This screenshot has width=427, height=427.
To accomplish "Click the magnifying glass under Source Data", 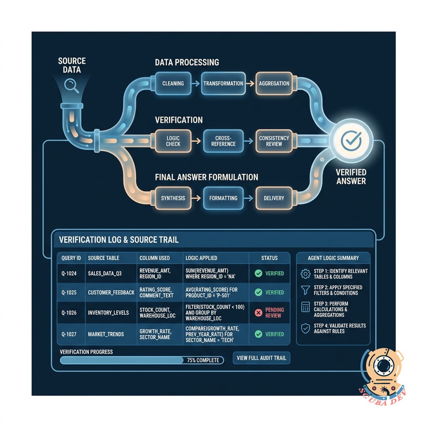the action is [x=72, y=86].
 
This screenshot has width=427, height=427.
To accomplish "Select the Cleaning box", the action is [x=173, y=84].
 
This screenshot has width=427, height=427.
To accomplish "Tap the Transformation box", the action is [x=223, y=84].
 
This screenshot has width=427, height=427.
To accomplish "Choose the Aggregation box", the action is [x=274, y=84].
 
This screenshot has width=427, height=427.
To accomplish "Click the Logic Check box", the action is [x=173, y=141].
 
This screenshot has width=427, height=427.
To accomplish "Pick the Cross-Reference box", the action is [x=223, y=141].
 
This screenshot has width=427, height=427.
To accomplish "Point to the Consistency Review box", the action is [x=274, y=141].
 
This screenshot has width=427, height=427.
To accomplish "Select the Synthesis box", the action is [x=173, y=198].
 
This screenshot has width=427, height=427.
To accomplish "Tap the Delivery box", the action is [x=274, y=198].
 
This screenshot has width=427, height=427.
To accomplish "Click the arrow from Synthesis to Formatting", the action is [x=196, y=198].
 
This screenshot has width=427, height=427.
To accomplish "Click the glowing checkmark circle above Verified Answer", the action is [x=351, y=141].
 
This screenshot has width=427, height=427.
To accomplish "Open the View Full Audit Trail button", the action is [x=262, y=358].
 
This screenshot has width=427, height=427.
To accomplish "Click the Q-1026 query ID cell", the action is [x=69, y=313].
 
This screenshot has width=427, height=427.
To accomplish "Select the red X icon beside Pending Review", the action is [x=258, y=313].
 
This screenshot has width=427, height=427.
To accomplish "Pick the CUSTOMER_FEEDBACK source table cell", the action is [x=111, y=292].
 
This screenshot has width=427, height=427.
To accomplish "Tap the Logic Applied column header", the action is [x=201, y=258].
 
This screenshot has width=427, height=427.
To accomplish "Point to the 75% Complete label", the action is [x=203, y=360].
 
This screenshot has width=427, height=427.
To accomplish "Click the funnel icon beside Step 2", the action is [x=305, y=290].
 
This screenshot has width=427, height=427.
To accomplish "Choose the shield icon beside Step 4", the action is [x=305, y=328].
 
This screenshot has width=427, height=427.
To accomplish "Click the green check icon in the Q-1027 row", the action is [x=258, y=334].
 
